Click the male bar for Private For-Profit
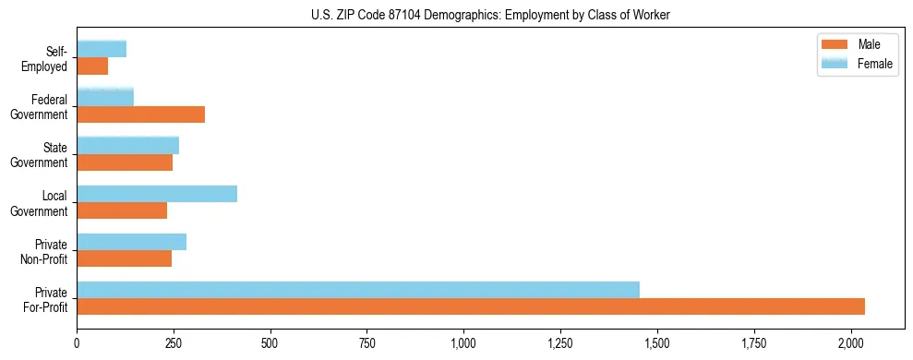pos(471,306)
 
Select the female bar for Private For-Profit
pos(358,290)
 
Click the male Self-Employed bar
pos(92,66)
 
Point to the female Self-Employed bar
pos(102,50)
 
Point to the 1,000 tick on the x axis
pos(463,343)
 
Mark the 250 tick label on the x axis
pos(174,343)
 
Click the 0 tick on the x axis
pos(77,343)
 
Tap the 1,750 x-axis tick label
pos(753,343)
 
